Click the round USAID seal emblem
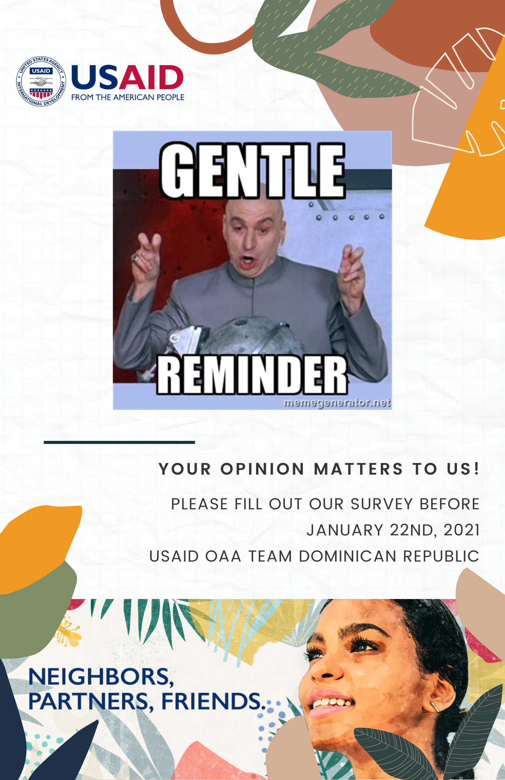[41, 81]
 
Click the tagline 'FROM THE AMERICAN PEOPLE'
[128, 97]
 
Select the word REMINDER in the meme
[252, 375]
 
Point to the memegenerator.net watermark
[337, 402]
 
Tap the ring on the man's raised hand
[135, 258]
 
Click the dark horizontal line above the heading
[119, 442]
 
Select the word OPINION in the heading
[262, 469]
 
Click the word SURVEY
[381, 504]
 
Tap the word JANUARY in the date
[345, 530]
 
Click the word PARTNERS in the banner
[88, 702]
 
